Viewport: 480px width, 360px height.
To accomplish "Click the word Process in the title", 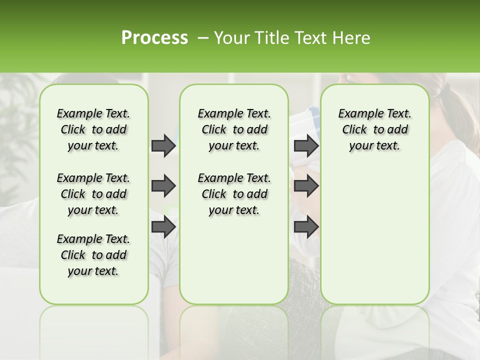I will coord(154,38).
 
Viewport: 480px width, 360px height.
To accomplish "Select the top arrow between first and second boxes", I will coord(163,145).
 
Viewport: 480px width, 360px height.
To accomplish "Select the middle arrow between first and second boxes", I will coord(163,186).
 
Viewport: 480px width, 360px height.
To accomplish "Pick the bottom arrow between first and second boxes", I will coord(163,226).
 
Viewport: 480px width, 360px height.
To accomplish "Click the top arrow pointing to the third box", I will coord(306,145).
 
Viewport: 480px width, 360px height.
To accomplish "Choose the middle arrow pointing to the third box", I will coord(306,186).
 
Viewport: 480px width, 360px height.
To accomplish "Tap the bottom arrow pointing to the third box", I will coord(306,226).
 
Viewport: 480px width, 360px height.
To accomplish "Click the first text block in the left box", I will coord(93,129).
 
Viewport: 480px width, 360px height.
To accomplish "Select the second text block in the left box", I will coord(93,194).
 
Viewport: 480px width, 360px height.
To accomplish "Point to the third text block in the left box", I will coord(93,255).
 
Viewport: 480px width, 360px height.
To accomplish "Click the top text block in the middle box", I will coord(234,129).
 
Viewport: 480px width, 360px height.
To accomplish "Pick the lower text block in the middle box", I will coord(234,194).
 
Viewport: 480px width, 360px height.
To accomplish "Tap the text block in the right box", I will coord(374,129).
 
